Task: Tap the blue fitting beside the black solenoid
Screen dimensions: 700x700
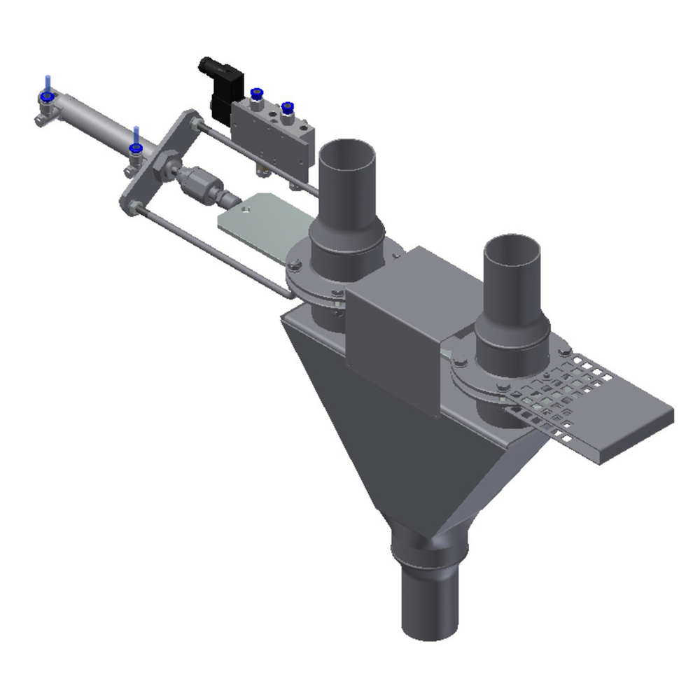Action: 256,93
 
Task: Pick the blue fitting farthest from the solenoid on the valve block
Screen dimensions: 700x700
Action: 287,107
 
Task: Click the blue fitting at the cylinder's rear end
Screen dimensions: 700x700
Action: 47,97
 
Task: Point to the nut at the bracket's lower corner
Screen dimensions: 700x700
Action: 134,207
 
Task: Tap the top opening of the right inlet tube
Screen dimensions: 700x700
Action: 512,248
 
